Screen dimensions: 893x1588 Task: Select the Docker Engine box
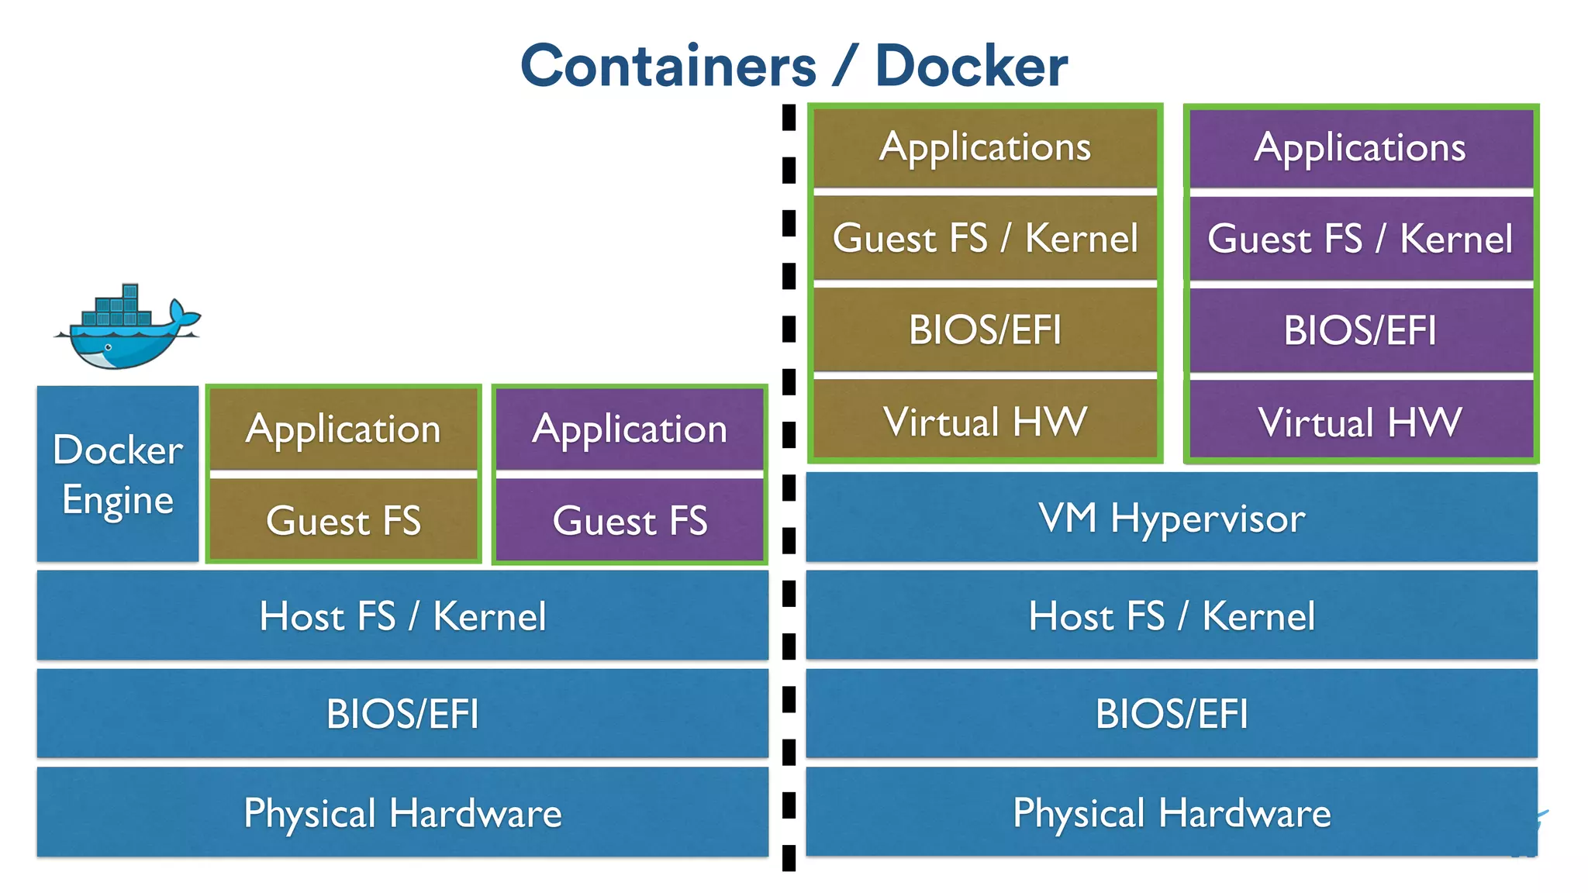[x=118, y=474]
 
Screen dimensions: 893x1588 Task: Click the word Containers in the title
[x=668, y=67]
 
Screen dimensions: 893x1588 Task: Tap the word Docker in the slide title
[x=971, y=67]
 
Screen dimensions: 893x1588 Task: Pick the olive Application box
[x=343, y=429]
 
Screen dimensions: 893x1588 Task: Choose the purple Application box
[x=630, y=429]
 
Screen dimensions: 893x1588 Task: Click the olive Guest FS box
[x=343, y=519]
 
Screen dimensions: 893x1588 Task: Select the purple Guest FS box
[x=630, y=519]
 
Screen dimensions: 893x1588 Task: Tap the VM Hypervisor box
[x=1172, y=517]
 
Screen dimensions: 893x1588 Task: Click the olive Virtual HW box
[x=985, y=421]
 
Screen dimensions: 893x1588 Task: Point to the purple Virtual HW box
[x=1361, y=422]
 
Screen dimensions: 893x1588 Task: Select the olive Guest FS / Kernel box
[x=985, y=238]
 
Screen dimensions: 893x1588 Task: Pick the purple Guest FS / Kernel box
[x=1361, y=239]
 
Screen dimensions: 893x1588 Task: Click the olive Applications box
[x=985, y=147]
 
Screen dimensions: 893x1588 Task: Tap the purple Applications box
[x=1361, y=147]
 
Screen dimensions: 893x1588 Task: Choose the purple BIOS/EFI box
[x=1361, y=330]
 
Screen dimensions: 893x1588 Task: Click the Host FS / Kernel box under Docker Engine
[x=402, y=615]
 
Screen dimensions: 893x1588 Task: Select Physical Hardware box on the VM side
[x=1172, y=812]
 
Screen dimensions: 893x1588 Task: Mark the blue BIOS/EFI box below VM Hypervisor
[x=1172, y=713]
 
